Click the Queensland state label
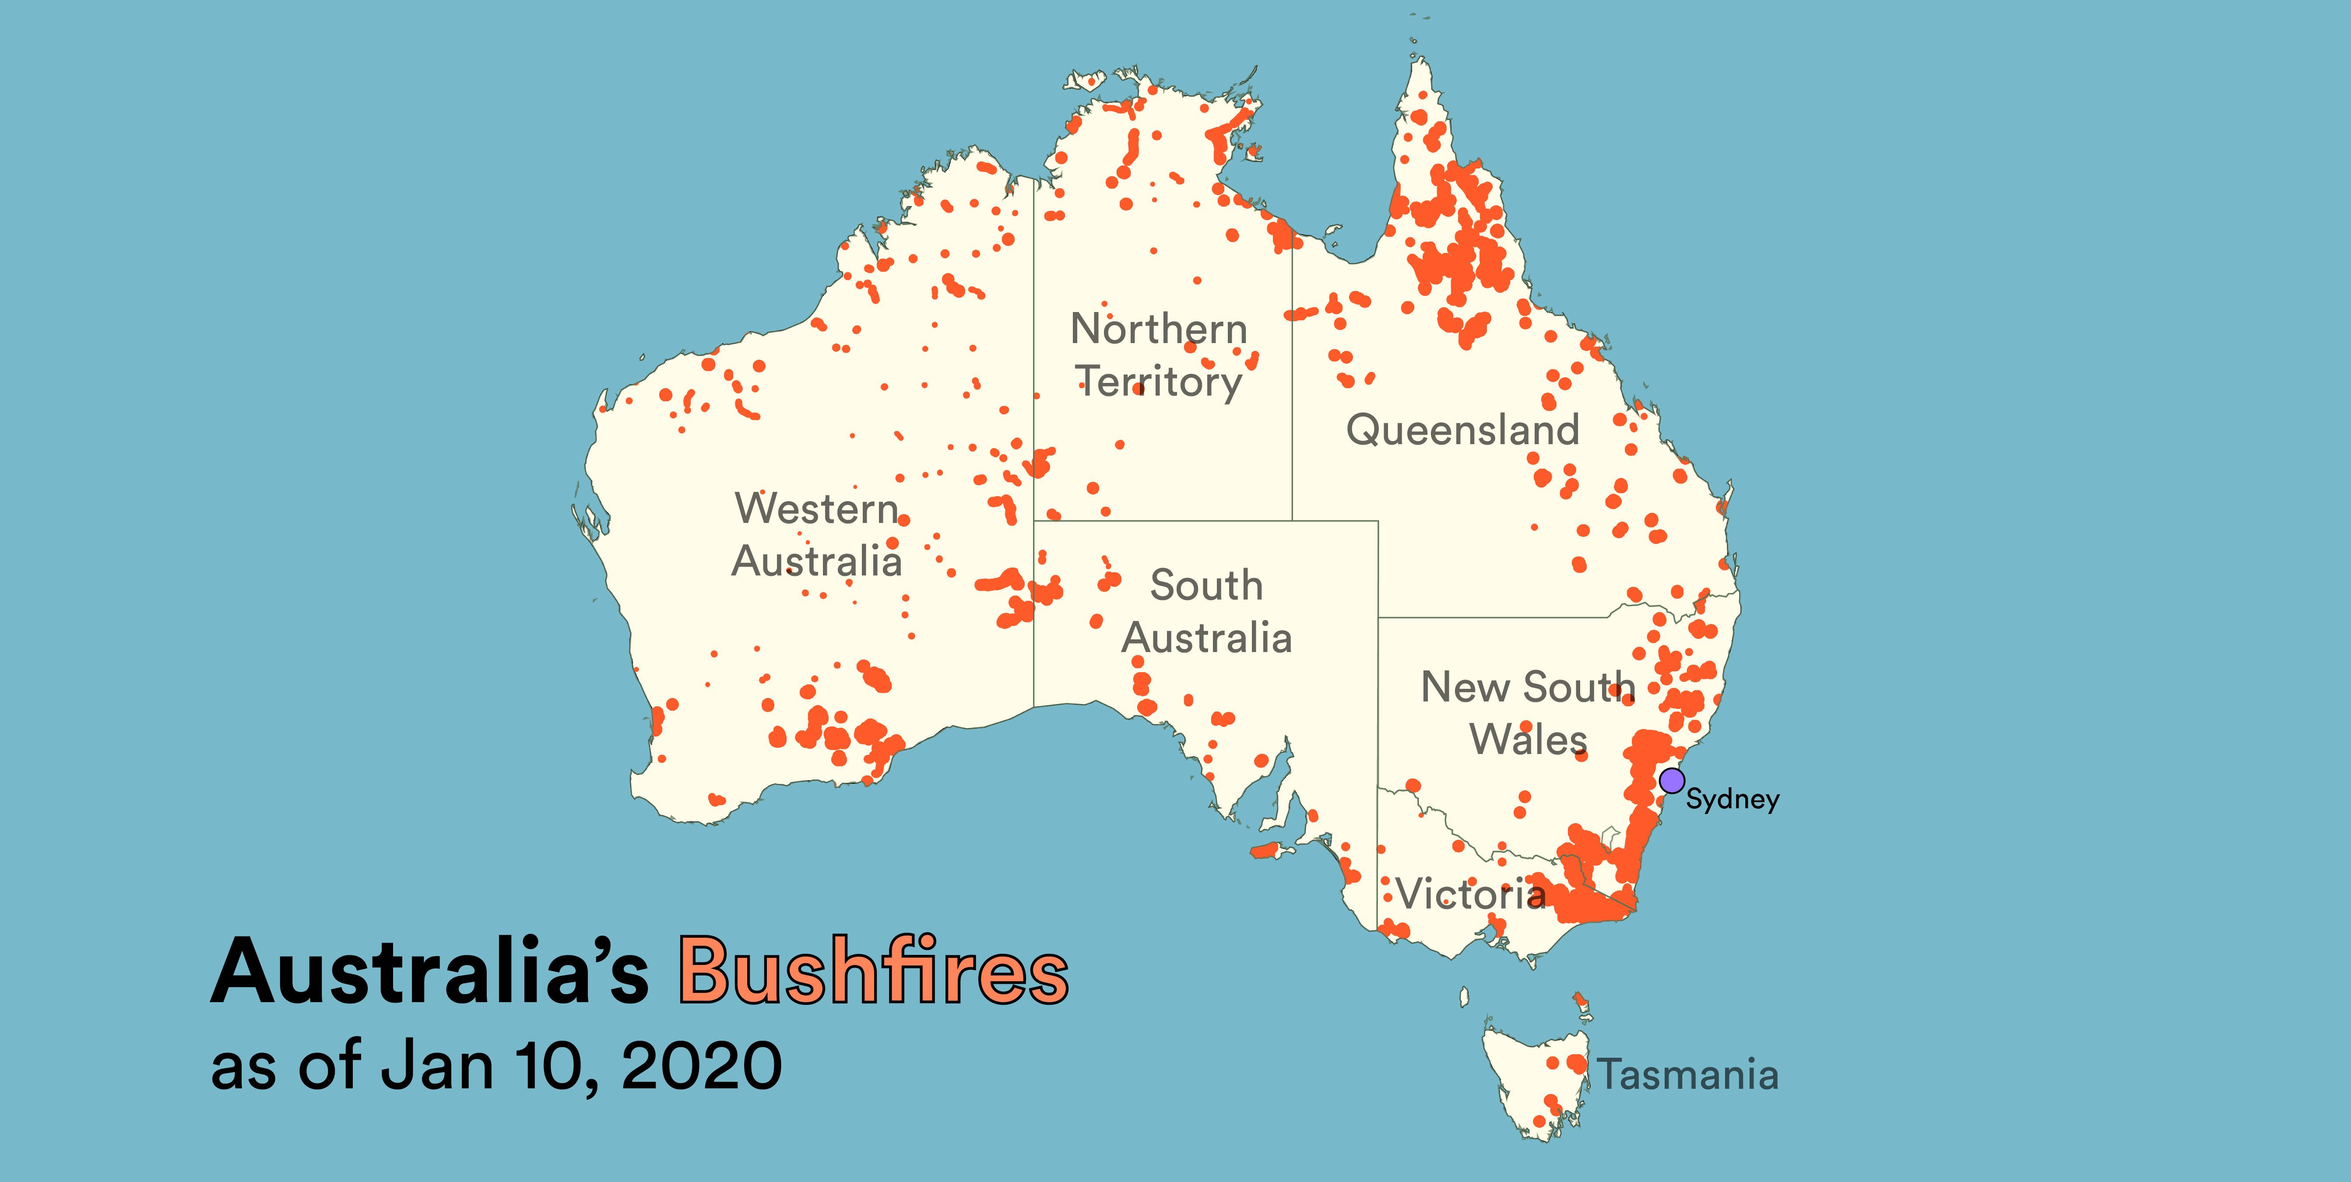click(x=1462, y=429)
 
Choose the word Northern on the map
click(x=1158, y=329)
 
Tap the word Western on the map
click(x=817, y=509)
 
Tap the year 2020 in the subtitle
click(x=701, y=1066)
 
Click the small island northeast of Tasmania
click(x=1581, y=1001)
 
